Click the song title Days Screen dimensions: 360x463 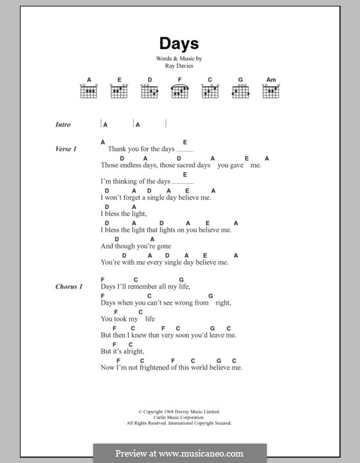coord(179,44)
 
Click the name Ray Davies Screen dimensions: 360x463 coord(179,65)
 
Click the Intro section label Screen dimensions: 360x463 coord(63,125)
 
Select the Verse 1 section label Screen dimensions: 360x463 coord(66,149)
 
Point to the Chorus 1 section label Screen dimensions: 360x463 coord(68,287)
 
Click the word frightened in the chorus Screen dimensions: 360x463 coord(158,368)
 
